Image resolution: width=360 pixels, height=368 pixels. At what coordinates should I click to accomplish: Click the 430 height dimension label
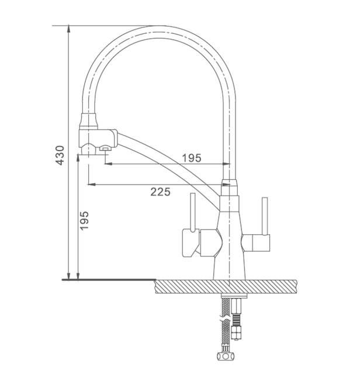[60, 155]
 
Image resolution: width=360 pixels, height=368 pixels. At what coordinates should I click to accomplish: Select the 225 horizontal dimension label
[160, 192]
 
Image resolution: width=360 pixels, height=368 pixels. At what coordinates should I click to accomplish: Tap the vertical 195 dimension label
[84, 221]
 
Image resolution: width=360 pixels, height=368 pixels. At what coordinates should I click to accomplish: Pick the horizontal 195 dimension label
[192, 158]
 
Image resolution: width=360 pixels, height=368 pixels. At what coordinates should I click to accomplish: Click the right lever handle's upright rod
[265, 216]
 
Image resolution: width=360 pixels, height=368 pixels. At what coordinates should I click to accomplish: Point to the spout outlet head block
[98, 141]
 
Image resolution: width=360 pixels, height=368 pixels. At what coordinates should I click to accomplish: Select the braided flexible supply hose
[226, 324]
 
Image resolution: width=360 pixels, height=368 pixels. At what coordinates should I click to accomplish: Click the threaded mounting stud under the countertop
[236, 318]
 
